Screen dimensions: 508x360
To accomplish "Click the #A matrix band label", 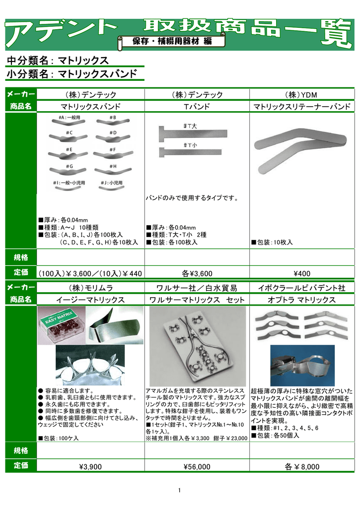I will (69, 118).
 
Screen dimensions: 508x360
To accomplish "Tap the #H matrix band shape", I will (112, 172).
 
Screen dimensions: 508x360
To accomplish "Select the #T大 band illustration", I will (193, 133).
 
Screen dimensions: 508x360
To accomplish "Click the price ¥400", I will (301, 273).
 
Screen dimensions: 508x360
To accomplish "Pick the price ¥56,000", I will (197, 467).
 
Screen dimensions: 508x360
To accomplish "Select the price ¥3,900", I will (90, 467).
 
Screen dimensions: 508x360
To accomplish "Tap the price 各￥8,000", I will (301, 467).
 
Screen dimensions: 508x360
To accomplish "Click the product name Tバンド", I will (197, 107).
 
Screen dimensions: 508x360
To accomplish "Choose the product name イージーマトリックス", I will (90, 300).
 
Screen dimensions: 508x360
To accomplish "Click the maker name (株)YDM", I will (301, 95).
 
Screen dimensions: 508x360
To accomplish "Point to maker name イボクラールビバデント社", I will (301, 288).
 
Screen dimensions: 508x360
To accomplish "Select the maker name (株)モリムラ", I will (90, 288).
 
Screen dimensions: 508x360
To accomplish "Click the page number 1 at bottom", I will (179, 491).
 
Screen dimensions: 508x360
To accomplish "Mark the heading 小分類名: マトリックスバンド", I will (72, 74).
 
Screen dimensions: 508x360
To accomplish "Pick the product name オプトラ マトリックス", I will (301, 300).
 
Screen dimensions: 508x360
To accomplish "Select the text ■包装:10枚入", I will (272, 243).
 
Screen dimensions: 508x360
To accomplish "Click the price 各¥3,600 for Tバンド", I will (197, 273).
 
